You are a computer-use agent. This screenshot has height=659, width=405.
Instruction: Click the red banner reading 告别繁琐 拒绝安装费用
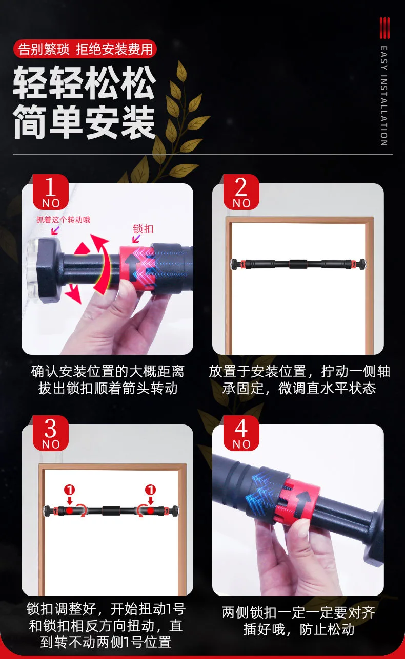(85, 49)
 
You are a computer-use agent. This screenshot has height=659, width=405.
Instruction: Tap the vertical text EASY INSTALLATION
(383, 96)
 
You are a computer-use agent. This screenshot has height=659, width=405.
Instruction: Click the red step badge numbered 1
(50, 192)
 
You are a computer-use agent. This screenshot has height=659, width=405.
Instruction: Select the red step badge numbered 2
(241, 192)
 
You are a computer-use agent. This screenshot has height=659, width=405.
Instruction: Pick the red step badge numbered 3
(50, 433)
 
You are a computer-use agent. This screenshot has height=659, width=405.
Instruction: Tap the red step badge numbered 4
(241, 433)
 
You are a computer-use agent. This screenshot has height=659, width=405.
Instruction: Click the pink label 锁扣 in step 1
(143, 229)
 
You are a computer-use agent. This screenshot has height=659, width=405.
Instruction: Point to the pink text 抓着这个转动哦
(64, 220)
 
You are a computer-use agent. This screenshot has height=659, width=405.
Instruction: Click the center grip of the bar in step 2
(298, 264)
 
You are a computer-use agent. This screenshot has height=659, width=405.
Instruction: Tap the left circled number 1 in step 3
(70, 490)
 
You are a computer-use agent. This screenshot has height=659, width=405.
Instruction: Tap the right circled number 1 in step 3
(150, 490)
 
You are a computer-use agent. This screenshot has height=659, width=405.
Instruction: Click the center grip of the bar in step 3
(111, 511)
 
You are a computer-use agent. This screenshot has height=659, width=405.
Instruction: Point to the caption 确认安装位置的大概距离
(108, 371)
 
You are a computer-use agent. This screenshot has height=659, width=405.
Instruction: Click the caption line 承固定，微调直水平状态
(299, 388)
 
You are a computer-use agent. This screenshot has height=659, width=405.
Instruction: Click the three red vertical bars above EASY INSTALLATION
(384, 28)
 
